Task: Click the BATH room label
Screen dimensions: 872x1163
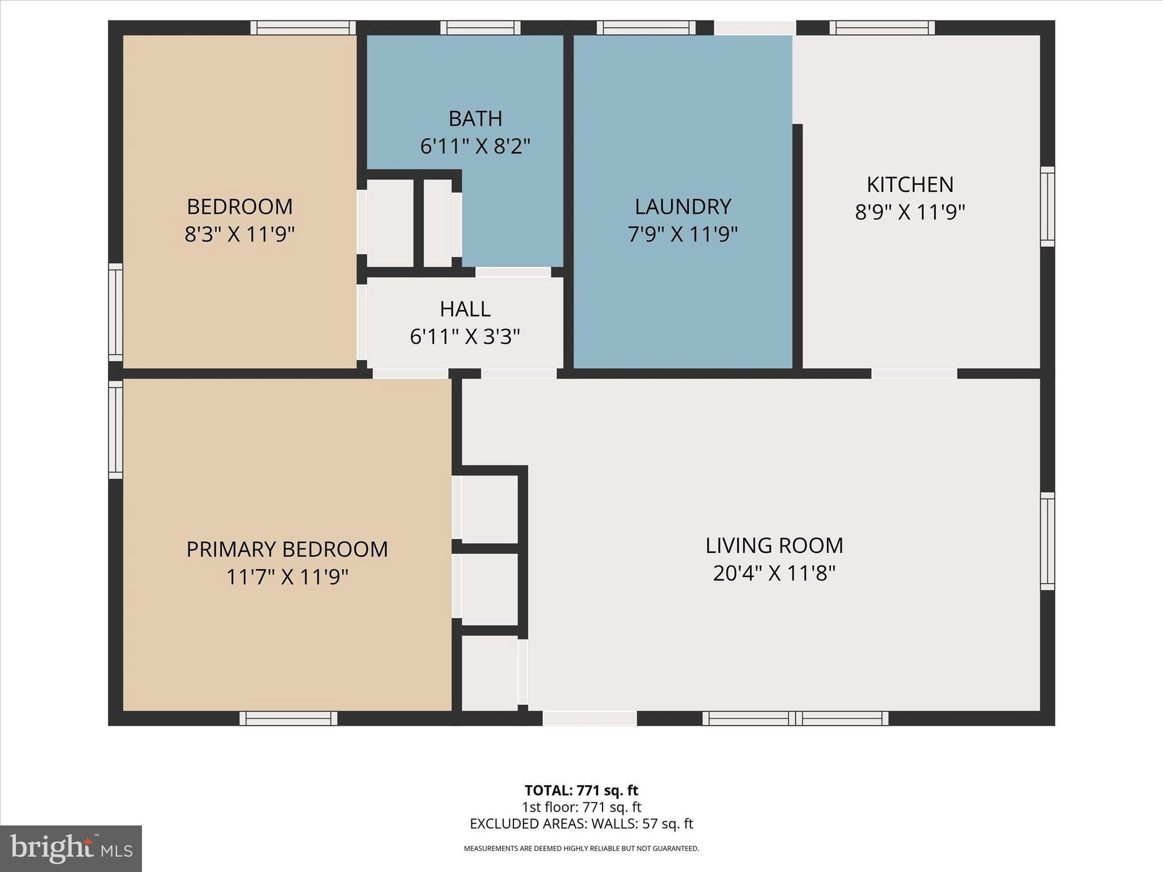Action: point(475,119)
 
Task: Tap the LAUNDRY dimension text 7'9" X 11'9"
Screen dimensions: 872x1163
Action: point(683,234)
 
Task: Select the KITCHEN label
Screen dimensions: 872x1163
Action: point(910,185)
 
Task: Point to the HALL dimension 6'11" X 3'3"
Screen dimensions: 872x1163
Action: point(465,337)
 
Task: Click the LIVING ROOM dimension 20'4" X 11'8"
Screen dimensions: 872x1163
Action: point(774,573)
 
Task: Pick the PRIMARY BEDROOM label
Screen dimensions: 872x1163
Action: point(287,549)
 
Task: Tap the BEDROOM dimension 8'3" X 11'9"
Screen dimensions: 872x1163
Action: point(240,234)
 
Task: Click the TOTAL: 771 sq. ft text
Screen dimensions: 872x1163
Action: point(581,790)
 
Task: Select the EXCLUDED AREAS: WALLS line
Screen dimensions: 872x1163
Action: point(581,824)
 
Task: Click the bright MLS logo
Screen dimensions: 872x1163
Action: point(71,849)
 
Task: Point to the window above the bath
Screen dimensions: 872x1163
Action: point(480,28)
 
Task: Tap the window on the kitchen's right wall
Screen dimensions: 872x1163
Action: point(1047,207)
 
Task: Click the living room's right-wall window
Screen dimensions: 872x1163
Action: point(1047,541)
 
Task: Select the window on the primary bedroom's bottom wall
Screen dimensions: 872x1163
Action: point(288,718)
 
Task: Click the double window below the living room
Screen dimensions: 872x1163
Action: point(795,718)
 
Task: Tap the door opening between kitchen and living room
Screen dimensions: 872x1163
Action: point(914,374)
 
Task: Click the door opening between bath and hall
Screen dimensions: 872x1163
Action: point(513,272)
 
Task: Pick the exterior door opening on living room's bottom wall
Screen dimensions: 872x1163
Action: point(589,718)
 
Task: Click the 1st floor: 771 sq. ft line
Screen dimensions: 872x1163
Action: point(581,807)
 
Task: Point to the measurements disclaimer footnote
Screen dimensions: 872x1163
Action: point(581,848)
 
